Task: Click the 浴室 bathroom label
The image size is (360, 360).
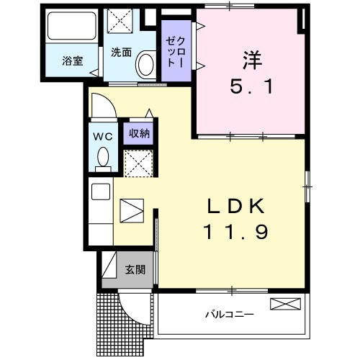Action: [71, 60]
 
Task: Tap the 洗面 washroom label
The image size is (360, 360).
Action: [121, 52]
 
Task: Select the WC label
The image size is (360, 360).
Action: [101, 134]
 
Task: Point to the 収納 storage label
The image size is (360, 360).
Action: [139, 133]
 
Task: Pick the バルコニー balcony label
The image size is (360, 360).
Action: [228, 315]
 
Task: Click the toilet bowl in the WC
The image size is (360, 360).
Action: [102, 156]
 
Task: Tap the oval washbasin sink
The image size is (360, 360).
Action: [145, 64]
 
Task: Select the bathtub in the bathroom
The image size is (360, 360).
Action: [71, 28]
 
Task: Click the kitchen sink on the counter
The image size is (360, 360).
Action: [101, 192]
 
